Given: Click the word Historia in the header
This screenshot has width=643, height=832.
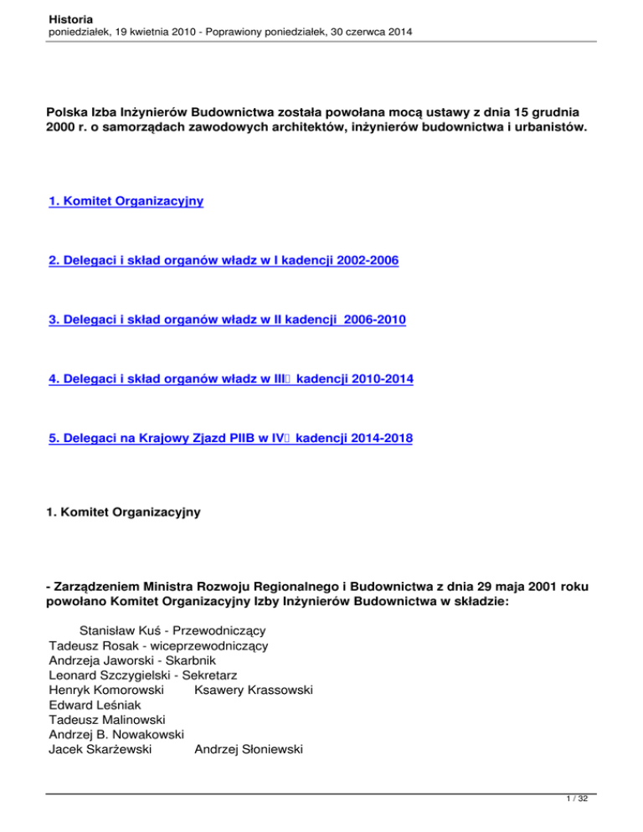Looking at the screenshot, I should click(x=71, y=18).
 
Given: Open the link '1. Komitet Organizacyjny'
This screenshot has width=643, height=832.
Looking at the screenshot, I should click(x=126, y=202).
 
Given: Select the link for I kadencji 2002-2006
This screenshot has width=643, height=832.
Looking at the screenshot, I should click(x=224, y=262).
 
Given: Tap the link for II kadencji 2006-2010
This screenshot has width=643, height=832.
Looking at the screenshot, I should click(x=228, y=321).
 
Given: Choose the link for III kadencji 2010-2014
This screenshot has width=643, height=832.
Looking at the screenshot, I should click(x=231, y=379).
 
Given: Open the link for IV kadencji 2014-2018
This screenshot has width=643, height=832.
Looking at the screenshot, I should click(x=230, y=438).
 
